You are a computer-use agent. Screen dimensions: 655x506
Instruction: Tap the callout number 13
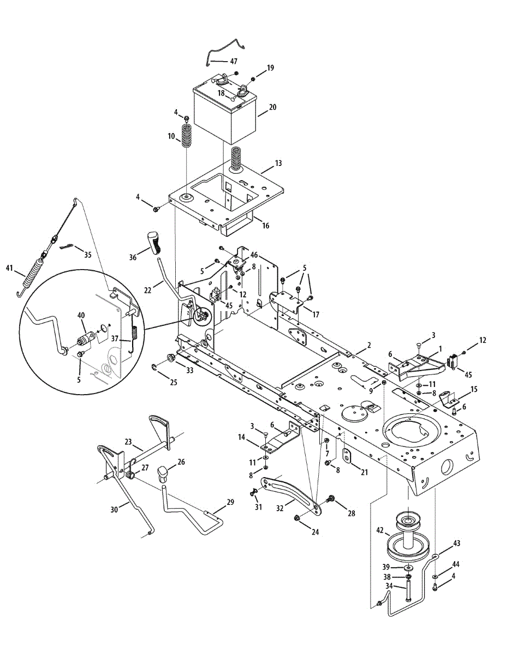click(278, 163)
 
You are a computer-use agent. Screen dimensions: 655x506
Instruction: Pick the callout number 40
click(81, 315)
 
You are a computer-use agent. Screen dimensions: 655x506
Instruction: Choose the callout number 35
click(88, 254)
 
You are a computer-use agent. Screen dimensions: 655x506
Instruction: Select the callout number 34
click(389, 586)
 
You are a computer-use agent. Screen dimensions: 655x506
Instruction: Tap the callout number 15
click(473, 389)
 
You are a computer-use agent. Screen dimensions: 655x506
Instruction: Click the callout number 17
click(315, 314)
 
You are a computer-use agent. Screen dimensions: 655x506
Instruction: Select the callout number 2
click(369, 345)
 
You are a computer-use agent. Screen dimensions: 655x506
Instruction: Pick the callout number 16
click(265, 225)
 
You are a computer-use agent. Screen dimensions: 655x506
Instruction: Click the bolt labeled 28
click(331, 499)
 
